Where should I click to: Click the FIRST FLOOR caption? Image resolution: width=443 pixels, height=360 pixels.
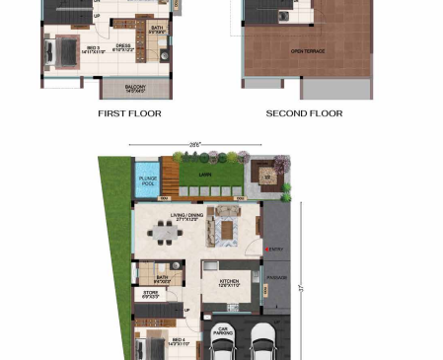[129, 113]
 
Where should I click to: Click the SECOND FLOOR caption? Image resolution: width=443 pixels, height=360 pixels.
[304, 113]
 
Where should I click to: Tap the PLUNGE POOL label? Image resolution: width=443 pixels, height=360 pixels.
[148, 181]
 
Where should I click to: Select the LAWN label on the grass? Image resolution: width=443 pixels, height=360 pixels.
[205, 175]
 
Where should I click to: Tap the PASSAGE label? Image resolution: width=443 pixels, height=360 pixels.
[277, 278]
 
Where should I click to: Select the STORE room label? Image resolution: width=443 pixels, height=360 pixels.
[150, 293]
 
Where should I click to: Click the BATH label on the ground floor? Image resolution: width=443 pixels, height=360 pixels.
[148, 278]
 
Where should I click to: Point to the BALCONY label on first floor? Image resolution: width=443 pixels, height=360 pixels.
[136, 88]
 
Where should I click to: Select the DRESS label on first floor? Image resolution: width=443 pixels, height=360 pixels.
[123, 45]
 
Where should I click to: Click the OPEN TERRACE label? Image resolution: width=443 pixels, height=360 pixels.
[308, 49]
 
